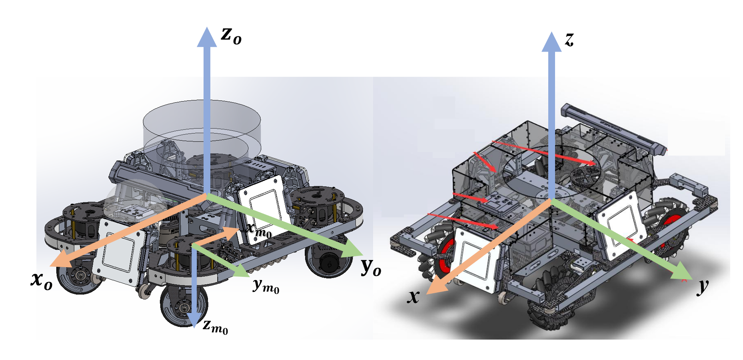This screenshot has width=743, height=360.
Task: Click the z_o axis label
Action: coord(231,36)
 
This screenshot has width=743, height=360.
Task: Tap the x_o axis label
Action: coord(42,280)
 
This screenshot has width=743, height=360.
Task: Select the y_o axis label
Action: coord(371,267)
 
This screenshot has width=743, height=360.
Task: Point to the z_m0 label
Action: coord(215,326)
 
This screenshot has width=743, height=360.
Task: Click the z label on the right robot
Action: coord(569,39)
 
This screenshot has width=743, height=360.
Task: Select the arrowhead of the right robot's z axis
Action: coord(551,42)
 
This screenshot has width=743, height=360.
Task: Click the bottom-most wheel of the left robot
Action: coord(184,306)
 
